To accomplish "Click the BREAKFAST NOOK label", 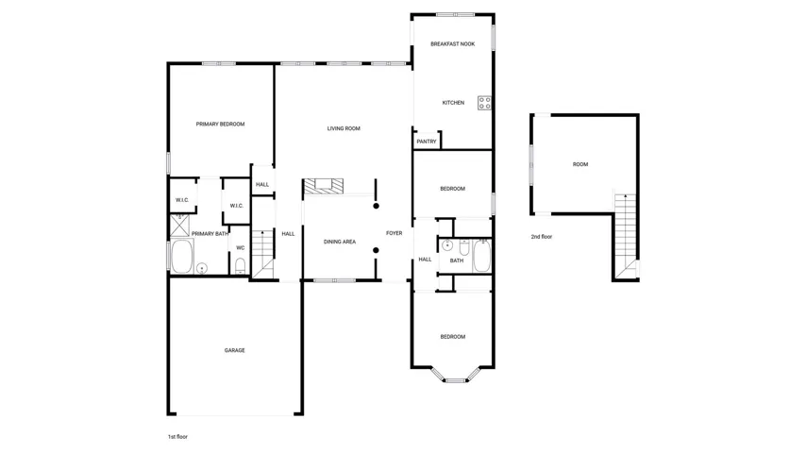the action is coord(452,44).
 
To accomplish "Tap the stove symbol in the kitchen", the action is coord(484,103).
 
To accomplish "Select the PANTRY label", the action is coord(427,142).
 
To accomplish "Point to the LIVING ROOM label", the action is coord(344,128).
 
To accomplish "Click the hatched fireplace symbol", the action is coord(324,186).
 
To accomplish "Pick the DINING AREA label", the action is coord(339,242).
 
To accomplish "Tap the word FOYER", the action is coord(395,233).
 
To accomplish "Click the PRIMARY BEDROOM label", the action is coord(220,124).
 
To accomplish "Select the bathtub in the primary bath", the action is coord(182,256).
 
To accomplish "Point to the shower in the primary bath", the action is coord(179,226).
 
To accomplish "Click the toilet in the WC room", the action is coord(240,266).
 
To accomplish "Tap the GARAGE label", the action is coord(234,351).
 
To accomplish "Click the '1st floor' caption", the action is coord(177,437).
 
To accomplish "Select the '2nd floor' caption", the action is coord(542,237).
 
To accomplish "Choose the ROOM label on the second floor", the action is coord(580,164).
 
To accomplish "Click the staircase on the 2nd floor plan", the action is coord(626,235).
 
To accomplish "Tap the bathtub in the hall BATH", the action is coord(481,256).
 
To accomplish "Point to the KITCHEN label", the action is coord(453,103).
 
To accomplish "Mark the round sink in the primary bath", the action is coord(202,268).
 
